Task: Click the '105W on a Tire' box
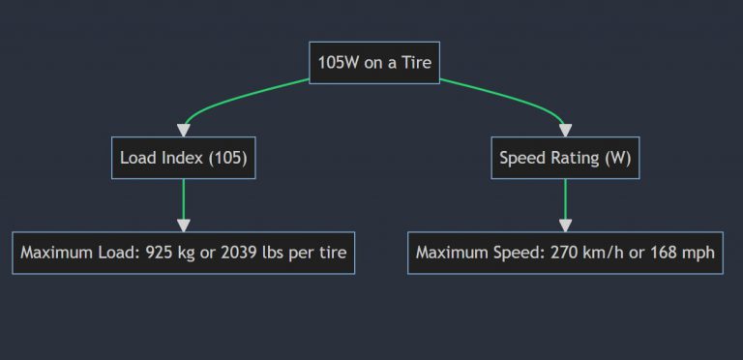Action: tap(374, 63)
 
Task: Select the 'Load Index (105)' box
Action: tap(183, 158)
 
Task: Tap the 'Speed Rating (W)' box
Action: tap(565, 158)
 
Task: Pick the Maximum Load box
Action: tap(183, 253)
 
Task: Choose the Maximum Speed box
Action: tap(565, 253)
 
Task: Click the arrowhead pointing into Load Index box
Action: tap(183, 131)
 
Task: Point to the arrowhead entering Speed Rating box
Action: tap(565, 131)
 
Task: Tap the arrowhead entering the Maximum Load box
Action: tap(183, 225)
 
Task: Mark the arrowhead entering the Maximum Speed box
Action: tap(565, 225)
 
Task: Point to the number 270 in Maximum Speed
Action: tap(562, 254)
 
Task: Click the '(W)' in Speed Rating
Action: tap(617, 159)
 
